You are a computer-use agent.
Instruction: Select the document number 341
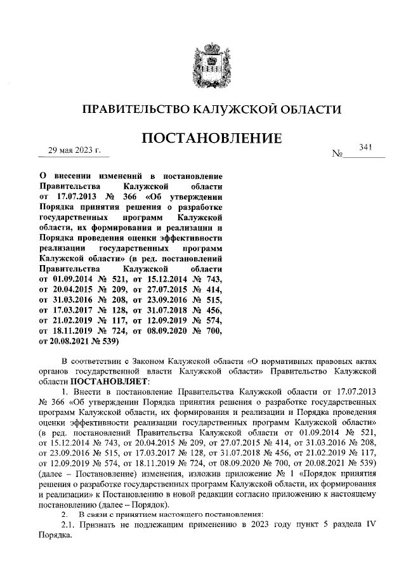(x=365, y=147)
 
